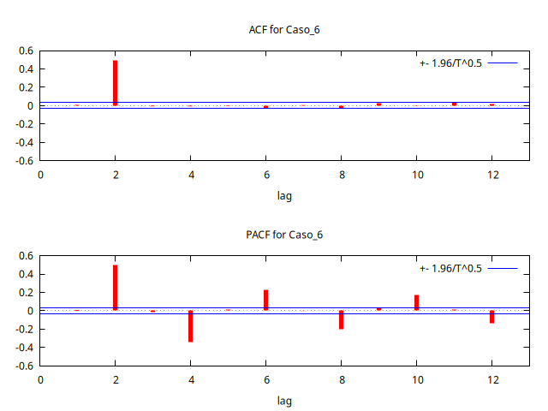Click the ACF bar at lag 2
(115, 83)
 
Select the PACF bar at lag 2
(115, 288)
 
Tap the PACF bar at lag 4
(190, 326)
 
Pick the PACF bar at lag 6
(265, 300)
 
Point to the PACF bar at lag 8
(341, 319)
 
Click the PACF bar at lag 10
(416, 302)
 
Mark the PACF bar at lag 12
(491, 317)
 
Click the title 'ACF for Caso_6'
(284, 30)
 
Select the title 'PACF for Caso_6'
(284, 235)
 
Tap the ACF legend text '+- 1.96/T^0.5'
(451, 63)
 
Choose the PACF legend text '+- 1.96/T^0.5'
(451, 268)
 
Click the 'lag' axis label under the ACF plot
(284, 196)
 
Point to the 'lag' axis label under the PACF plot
(284, 401)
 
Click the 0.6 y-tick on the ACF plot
(26, 51)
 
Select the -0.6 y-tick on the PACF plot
(24, 366)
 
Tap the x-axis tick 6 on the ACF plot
(265, 175)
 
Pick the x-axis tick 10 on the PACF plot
(416, 379)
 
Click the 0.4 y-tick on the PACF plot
(26, 274)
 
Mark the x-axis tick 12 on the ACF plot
(491, 175)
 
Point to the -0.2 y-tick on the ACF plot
(24, 124)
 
